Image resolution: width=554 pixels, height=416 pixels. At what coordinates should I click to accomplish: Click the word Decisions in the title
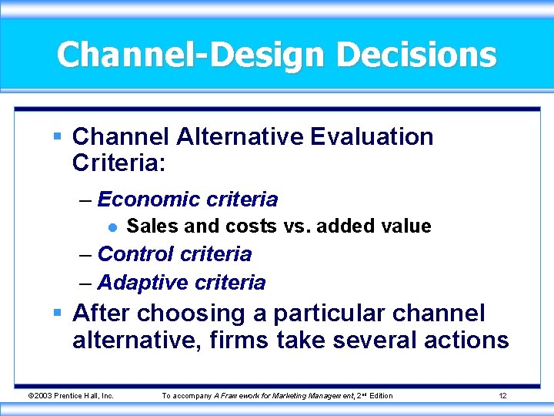click(416, 55)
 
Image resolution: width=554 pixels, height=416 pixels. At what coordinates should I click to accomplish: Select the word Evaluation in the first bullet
click(372, 137)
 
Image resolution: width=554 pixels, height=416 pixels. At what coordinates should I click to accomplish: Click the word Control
click(135, 253)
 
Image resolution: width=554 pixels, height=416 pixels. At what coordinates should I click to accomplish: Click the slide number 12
click(502, 396)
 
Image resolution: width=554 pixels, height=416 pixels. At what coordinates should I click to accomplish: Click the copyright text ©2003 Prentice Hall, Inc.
click(71, 396)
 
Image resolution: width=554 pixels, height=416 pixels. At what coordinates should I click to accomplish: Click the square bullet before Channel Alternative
click(58, 137)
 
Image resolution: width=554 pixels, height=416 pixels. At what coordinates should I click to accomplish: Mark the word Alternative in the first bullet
click(241, 137)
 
